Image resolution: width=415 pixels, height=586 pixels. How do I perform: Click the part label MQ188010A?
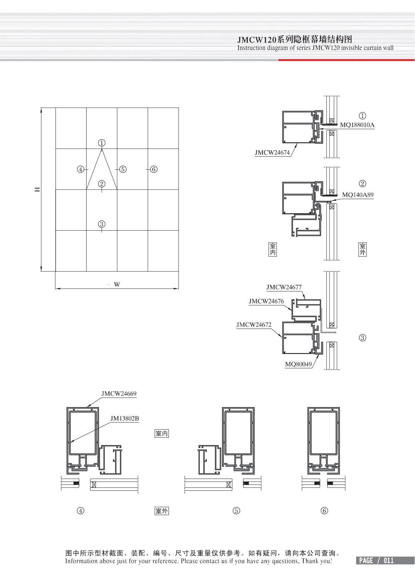tap(357, 125)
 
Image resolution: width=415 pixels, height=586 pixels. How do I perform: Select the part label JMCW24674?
tap(272, 153)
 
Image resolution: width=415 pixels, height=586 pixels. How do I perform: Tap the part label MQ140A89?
tap(358, 195)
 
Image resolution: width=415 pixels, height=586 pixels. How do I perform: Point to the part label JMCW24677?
tap(284, 287)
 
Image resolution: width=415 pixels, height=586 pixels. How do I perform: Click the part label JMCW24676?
tap(266, 302)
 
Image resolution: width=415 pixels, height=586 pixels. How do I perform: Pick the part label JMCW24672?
tap(254, 325)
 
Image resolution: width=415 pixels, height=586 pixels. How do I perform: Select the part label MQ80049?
tap(298, 364)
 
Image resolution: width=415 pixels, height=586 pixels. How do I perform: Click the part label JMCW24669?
tap(119, 394)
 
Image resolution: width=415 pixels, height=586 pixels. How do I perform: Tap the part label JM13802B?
tap(124, 418)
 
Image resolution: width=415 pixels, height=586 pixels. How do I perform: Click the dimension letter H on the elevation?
tap(37, 190)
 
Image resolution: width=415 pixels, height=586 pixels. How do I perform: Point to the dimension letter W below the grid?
tap(117, 284)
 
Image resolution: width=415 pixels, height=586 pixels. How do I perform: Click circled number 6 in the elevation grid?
tap(154, 169)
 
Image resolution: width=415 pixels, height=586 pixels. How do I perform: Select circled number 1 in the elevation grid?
tap(102, 143)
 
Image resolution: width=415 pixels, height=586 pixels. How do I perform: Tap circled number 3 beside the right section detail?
tap(363, 338)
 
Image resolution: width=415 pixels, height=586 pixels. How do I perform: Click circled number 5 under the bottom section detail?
tap(237, 511)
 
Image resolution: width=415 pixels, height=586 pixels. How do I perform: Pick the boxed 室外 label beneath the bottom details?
tap(162, 511)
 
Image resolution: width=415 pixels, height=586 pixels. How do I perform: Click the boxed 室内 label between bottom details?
tap(162, 433)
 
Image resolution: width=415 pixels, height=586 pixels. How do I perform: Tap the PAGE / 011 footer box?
tap(376, 560)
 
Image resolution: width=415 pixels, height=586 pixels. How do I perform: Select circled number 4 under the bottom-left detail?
tap(81, 511)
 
